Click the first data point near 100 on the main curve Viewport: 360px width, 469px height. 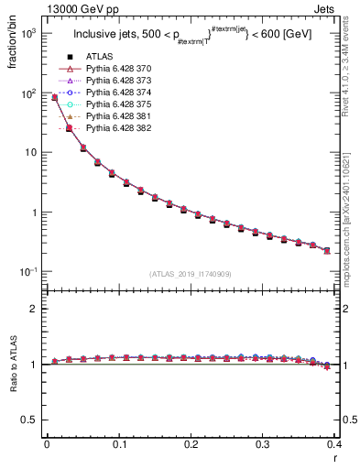54,97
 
